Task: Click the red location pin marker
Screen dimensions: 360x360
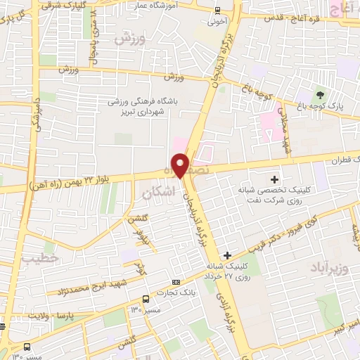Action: (181, 165)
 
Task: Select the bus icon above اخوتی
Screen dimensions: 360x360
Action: (217, 11)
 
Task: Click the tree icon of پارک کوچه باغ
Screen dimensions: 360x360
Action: (321, 94)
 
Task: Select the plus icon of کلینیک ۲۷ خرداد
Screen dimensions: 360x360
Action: (226, 255)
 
